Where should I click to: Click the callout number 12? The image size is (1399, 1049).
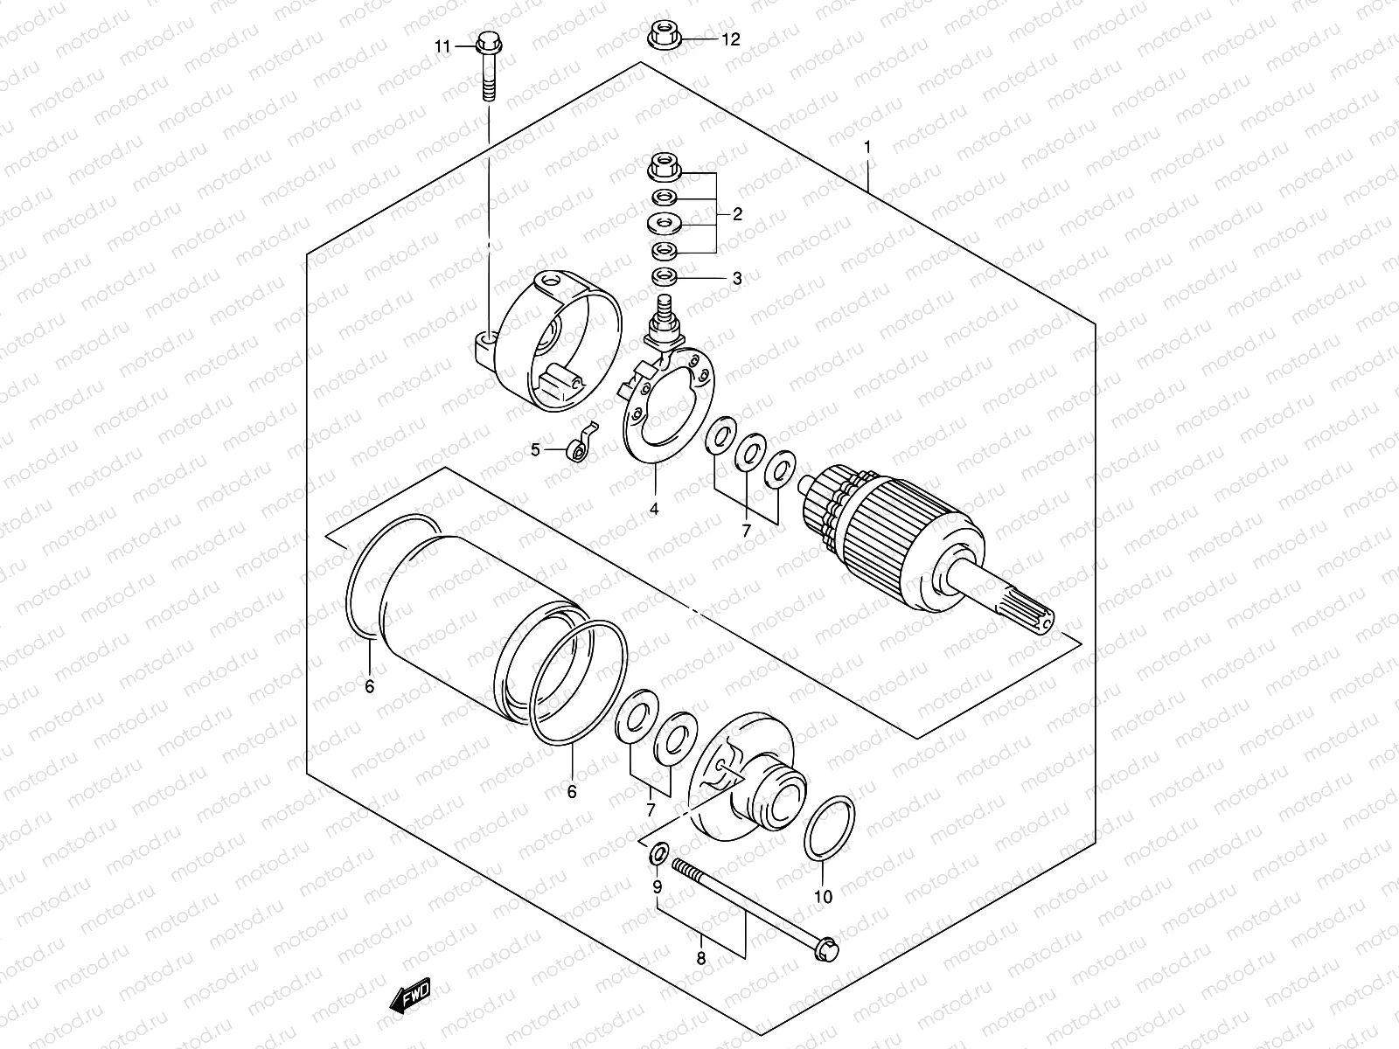point(730,39)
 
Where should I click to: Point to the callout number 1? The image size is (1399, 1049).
point(867,149)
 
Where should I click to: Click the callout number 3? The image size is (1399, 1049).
point(737,279)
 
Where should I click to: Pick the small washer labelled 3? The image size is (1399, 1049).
point(665,278)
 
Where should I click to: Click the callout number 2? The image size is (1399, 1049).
point(737,213)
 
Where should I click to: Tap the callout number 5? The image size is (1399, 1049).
point(535,449)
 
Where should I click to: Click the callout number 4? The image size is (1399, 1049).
point(654,508)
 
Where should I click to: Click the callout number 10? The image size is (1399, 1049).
point(824,896)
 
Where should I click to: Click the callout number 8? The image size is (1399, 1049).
point(699,959)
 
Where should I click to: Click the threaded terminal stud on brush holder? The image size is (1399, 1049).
point(665,311)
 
